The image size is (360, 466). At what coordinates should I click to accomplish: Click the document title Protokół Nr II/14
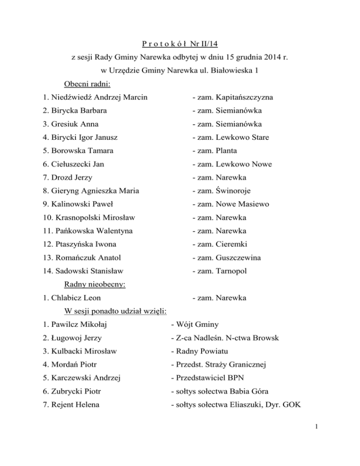click(x=180, y=45)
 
